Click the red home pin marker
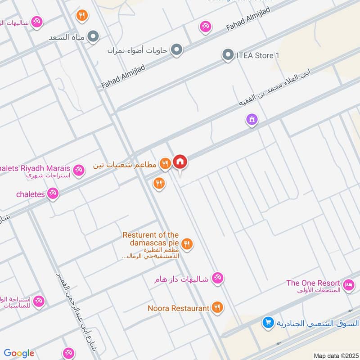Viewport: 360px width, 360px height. click(180, 162)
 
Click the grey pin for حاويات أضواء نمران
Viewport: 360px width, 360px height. click(176, 50)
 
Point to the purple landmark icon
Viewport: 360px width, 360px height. click(252, 120)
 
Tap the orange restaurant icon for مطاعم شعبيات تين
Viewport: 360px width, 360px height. click(166, 164)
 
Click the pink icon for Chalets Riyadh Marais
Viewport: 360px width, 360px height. click(79, 170)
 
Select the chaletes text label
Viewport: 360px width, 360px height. click(31, 194)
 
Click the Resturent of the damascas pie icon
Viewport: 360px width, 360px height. click(188, 244)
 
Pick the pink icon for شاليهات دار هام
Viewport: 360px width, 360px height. click(217, 278)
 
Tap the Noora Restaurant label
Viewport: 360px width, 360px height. click(179, 308)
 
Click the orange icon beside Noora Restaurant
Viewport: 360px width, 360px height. click(217, 308)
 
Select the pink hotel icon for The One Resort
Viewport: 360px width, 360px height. click(349, 285)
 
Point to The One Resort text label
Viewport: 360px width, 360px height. click(313, 283)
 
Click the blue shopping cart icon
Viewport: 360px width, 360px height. click(268, 323)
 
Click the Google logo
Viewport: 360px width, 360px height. click(19, 353)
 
